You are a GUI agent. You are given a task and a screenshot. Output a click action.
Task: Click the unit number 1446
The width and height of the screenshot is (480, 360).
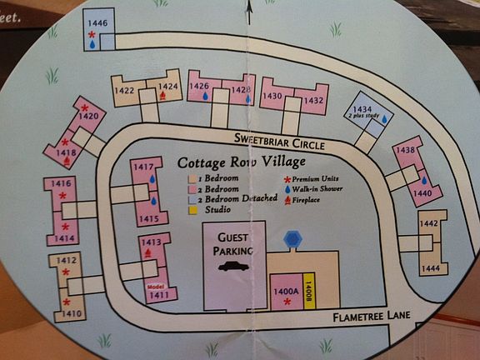coord(97,23)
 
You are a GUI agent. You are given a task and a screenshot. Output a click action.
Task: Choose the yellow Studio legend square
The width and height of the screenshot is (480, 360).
coord(192,210)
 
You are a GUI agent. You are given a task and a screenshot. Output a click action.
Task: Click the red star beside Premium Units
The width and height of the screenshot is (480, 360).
coord(287,179)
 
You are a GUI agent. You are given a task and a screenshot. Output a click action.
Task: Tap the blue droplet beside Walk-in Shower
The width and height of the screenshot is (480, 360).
coord(287,189)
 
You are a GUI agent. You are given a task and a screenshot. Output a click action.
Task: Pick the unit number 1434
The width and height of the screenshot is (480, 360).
coord(362,110)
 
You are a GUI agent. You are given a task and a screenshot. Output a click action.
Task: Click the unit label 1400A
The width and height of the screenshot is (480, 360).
coord(286,291)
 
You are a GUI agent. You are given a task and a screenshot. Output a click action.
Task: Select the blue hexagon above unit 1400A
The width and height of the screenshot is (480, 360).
coord(291,240)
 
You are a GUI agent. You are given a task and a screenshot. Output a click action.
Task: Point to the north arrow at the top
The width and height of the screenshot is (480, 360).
coord(248,11)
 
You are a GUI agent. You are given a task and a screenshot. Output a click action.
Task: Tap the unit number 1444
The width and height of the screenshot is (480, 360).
coord(430,268)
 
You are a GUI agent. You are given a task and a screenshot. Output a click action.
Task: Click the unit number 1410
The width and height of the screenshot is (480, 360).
coord(71,314)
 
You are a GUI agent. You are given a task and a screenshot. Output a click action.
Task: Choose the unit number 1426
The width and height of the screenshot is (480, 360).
coord(198,87)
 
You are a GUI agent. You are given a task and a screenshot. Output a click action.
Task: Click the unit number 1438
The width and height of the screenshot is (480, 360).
coord(405,150)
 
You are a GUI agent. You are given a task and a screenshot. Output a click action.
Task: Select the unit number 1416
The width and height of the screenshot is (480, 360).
coord(60,183)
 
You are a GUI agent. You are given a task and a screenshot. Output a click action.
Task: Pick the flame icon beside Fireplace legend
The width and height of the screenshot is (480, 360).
coord(287,200)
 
